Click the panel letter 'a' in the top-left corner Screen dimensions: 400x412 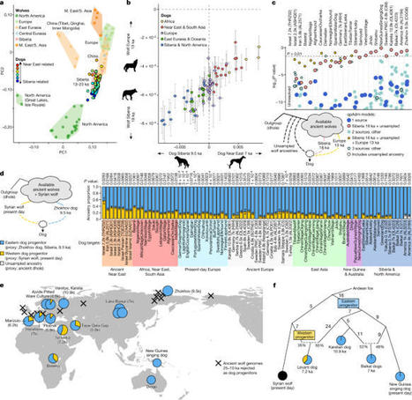pyautogui.click(x=4, y=4)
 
